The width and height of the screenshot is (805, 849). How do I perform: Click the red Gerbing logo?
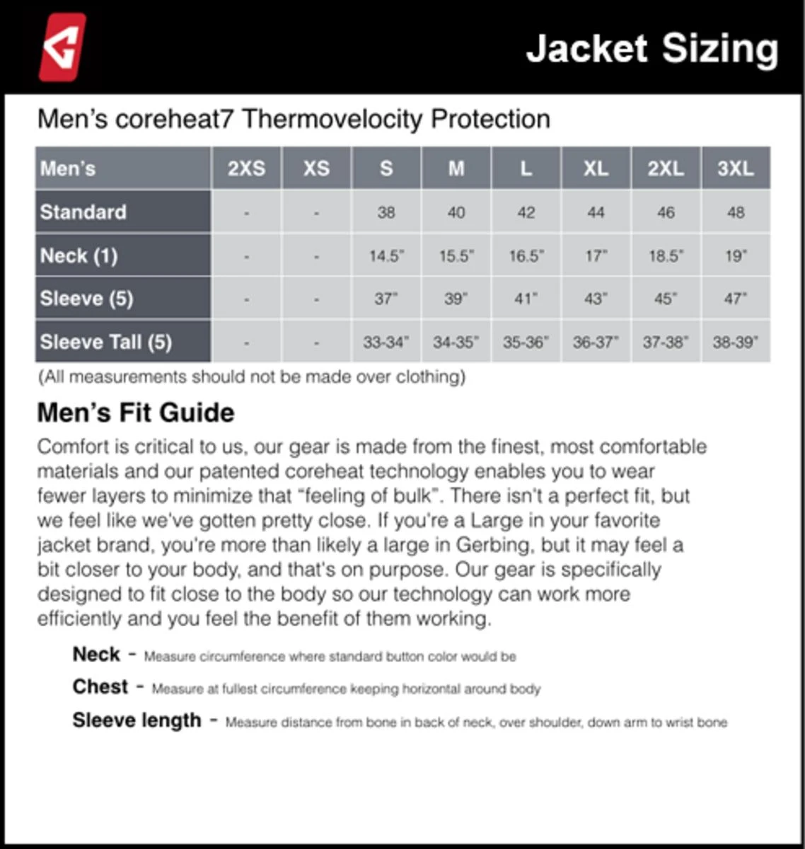[x=62, y=47]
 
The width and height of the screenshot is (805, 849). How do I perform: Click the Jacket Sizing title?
[x=651, y=49]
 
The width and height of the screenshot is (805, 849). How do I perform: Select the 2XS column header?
[x=246, y=168]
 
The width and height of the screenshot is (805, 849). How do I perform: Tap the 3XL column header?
[x=736, y=168]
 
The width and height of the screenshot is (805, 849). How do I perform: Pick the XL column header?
[x=596, y=168]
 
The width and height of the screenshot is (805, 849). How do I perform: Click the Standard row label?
[x=83, y=212]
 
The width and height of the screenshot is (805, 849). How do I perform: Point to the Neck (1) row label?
[x=79, y=255]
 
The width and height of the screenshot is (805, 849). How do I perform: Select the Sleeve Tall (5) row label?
[x=106, y=342]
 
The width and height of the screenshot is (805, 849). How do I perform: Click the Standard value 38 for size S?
[x=386, y=212]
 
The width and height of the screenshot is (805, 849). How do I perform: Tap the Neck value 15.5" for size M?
[x=456, y=256]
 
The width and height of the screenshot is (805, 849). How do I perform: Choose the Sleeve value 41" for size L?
[x=526, y=299]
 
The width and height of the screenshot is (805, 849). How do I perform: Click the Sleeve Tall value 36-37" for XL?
[x=596, y=342]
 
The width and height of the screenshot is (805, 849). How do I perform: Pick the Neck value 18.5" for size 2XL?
[x=666, y=256]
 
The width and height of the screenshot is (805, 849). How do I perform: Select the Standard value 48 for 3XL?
[x=736, y=212]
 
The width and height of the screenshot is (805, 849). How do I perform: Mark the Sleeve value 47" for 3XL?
[x=736, y=299]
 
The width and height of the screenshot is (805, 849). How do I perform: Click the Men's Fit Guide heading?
[x=136, y=412]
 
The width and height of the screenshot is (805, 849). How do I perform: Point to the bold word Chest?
[x=100, y=686]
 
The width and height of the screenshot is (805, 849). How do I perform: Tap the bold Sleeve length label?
[x=137, y=720]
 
